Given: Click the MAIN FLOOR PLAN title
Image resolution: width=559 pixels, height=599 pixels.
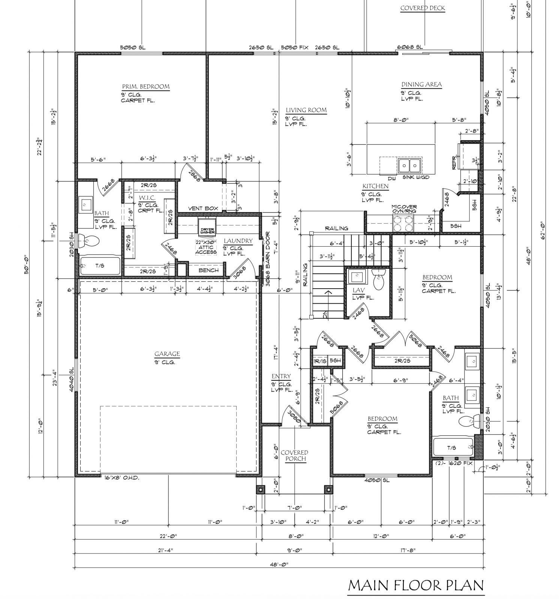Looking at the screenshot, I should (x=415, y=585).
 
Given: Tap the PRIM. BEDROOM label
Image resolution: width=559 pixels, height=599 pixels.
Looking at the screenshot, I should (x=145, y=86).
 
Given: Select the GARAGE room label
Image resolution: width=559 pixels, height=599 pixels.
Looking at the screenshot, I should (x=167, y=354).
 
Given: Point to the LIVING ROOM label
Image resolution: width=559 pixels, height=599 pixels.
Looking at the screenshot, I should (x=306, y=110).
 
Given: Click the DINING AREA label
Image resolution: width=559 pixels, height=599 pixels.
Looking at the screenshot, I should (x=421, y=85).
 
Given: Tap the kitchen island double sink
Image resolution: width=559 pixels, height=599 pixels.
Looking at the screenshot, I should (x=409, y=164).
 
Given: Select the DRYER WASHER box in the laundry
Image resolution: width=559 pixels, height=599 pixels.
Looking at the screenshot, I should (x=207, y=231).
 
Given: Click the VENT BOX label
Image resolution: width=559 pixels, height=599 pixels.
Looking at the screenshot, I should (x=203, y=209).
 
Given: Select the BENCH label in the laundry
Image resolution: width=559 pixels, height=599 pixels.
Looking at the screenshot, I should (x=208, y=270).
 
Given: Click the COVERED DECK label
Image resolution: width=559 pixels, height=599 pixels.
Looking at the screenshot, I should (x=423, y=8).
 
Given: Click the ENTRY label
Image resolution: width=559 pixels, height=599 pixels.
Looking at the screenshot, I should (x=281, y=376).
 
